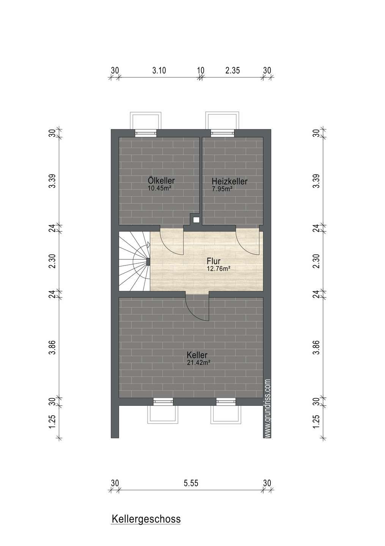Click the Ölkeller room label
pos(161,180)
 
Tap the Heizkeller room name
pos(229,181)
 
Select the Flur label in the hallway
pos(214,261)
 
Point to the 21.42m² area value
pos(199,363)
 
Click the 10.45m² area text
pos(159,188)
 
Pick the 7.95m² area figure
pos(222,188)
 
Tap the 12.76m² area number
pos(219,269)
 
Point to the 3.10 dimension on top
pos(159,71)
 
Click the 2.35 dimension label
pos(233,71)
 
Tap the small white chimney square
pos(196,220)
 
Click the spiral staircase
pos(134,261)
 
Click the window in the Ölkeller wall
pos(146,133)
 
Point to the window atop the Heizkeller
pos(222,133)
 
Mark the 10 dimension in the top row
pos(201,71)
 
